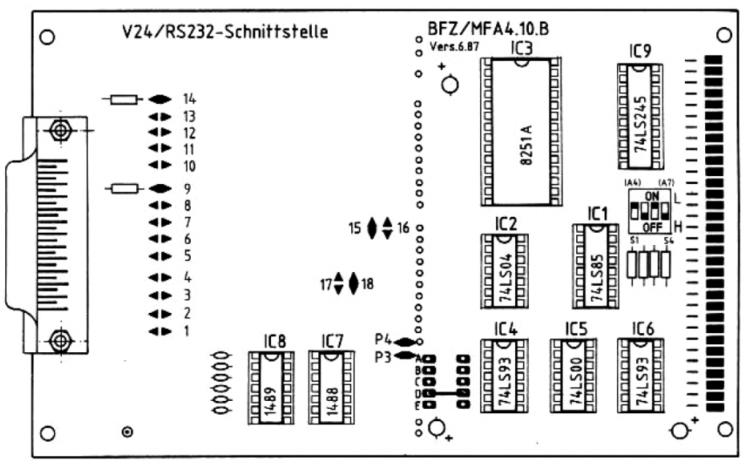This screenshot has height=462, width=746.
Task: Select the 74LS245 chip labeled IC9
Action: (x=640, y=116)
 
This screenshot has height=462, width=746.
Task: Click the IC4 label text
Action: (x=506, y=328)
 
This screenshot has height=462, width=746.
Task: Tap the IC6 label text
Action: (x=643, y=328)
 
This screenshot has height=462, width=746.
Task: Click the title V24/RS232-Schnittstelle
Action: (x=224, y=32)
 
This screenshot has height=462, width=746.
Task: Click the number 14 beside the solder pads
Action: (x=190, y=99)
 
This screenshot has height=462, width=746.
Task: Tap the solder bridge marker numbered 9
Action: (x=160, y=188)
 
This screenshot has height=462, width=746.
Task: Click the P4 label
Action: (x=384, y=339)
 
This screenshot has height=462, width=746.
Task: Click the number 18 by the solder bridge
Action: (x=367, y=284)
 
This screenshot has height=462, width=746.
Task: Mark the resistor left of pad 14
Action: (x=123, y=99)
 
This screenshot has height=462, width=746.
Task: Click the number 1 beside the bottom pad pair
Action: (x=186, y=332)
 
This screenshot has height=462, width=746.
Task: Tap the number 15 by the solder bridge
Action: (x=355, y=228)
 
